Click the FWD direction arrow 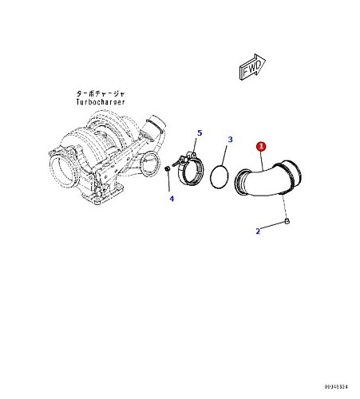252,67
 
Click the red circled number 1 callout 261,146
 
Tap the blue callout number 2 258,231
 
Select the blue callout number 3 230,140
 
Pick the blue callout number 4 172,199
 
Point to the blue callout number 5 200,132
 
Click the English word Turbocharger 101,102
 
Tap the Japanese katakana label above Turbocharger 101,93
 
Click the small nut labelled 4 167,168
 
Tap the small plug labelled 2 287,221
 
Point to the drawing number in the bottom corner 336,386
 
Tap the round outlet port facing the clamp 149,164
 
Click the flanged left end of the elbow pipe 239,182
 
